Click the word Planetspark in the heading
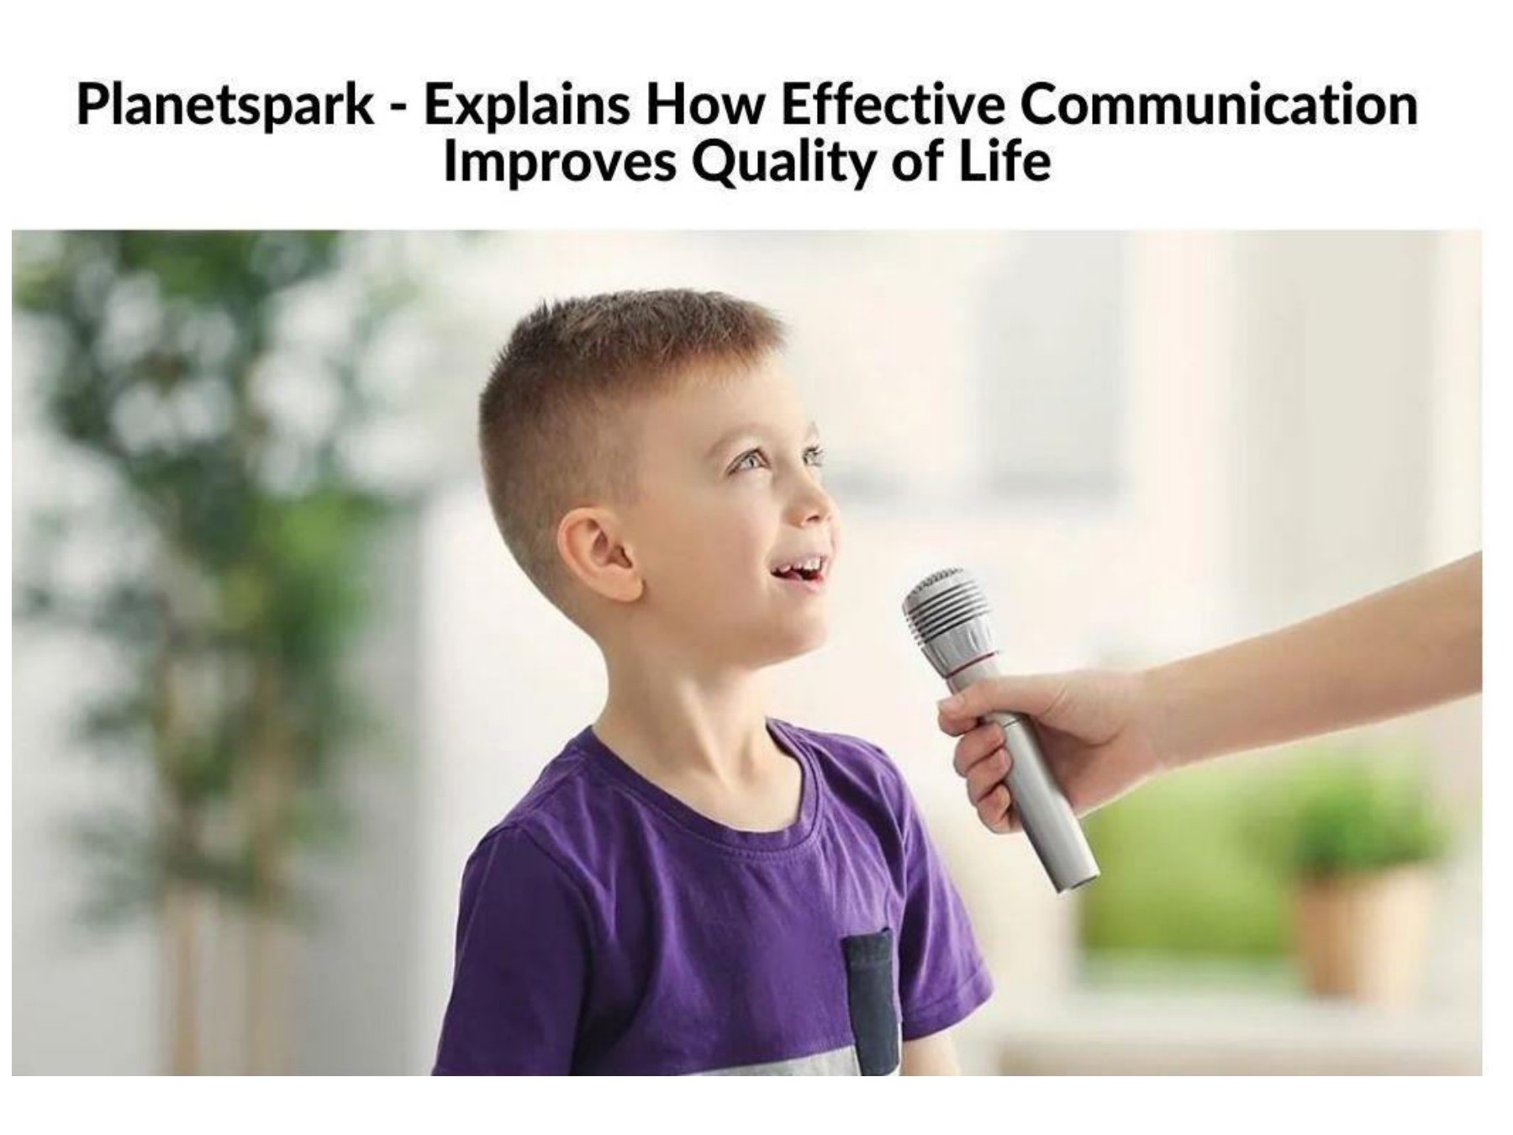tap(225, 107)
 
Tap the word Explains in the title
tap(526, 107)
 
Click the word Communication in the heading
tap(1219, 105)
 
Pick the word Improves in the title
tap(559, 161)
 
